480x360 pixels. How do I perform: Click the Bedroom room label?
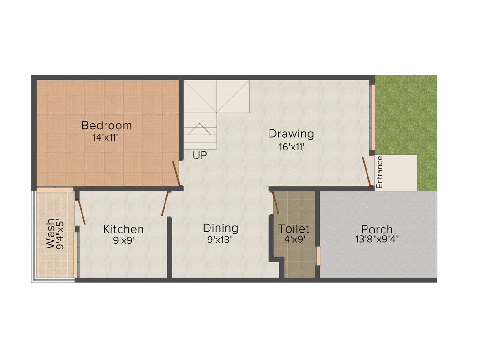[x=106, y=126]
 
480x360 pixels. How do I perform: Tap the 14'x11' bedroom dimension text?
[x=106, y=138]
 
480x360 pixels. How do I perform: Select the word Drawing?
[x=291, y=134]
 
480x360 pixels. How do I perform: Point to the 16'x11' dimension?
[x=291, y=147]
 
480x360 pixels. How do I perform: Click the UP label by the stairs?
[x=199, y=155]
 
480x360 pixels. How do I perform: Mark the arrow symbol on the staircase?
[x=200, y=128]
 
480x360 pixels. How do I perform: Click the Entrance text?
[x=380, y=172]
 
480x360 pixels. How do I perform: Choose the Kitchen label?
[x=123, y=229]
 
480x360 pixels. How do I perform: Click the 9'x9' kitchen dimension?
[x=123, y=240]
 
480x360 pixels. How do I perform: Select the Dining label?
[x=220, y=228]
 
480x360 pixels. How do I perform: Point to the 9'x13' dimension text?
[x=220, y=240]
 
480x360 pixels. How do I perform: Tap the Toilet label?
[x=294, y=229]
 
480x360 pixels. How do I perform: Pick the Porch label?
[x=377, y=230]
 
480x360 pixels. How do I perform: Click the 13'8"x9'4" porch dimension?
[x=377, y=240]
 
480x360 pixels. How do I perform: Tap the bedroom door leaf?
[x=176, y=174]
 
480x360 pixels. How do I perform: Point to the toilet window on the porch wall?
[x=318, y=256]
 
